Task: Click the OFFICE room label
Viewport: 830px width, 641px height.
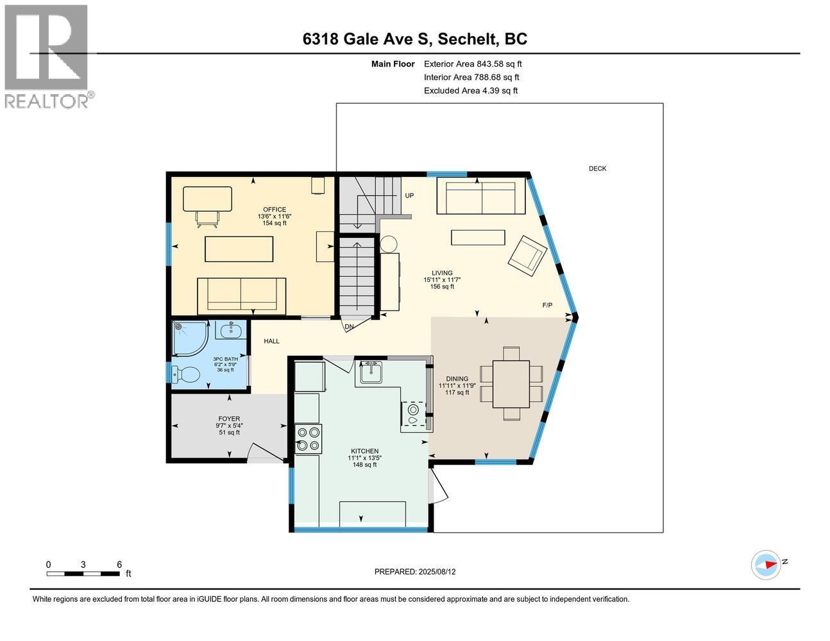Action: [275, 209]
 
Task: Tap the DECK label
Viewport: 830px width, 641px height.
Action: [597, 168]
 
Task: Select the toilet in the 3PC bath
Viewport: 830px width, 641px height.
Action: [185, 374]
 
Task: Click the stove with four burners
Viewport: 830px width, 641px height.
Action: [309, 439]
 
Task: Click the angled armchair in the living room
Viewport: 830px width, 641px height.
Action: [527, 255]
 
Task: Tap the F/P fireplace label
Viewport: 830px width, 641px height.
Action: [547, 305]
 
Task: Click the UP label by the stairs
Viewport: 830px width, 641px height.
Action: [409, 196]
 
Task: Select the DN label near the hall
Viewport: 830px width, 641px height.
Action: [349, 327]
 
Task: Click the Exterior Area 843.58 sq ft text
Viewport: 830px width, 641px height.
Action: [473, 63]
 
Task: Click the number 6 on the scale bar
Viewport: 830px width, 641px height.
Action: [119, 564]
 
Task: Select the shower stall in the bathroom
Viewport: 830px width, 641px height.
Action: [189, 338]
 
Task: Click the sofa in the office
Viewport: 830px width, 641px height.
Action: [241, 296]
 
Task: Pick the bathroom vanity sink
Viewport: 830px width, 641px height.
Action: [231, 329]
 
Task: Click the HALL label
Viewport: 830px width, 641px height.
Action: [271, 341]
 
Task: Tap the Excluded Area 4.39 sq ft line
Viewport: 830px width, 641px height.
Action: [471, 90]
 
